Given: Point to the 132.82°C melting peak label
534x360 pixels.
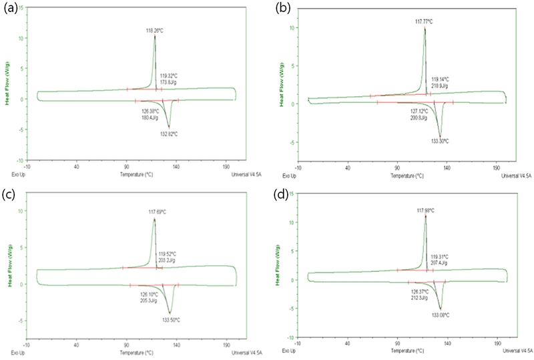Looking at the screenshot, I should click(170, 134).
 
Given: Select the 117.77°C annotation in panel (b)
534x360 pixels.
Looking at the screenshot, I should click(424, 21).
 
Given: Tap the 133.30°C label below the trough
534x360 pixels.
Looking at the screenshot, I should click(439, 141).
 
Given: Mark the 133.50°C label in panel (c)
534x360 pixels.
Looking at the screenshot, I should click(170, 319).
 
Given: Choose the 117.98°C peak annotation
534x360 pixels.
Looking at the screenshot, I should click(425, 211).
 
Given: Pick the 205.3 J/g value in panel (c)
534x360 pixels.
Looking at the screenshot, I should click(150, 299).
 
